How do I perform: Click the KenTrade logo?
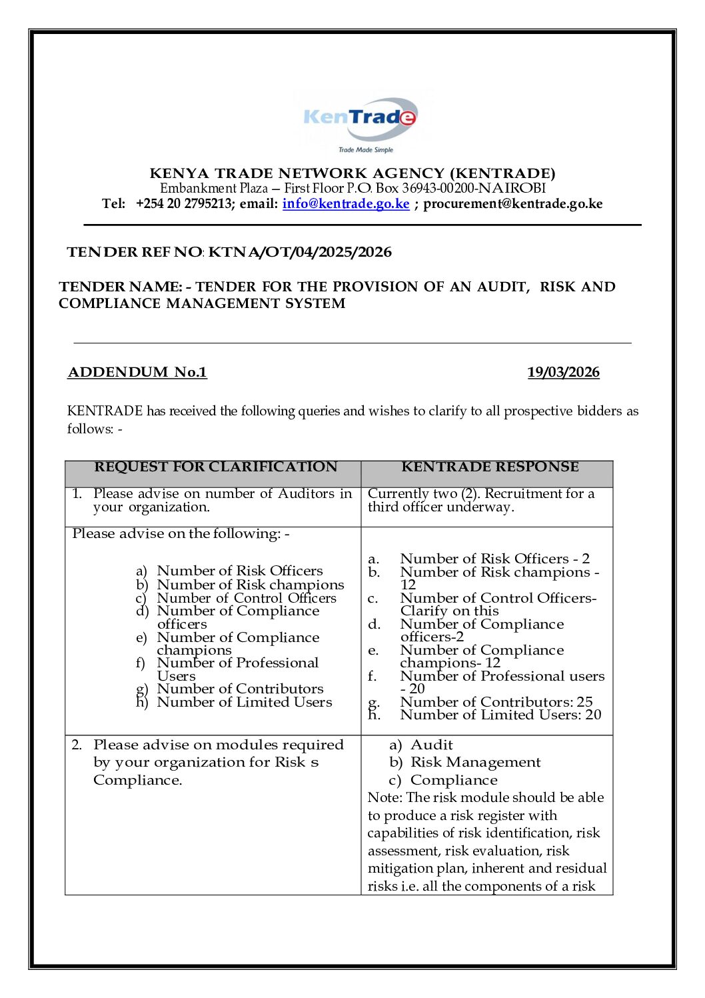tap(360, 121)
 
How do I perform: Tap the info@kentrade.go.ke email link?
tap(346, 204)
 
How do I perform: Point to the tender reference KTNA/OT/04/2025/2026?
tap(300, 252)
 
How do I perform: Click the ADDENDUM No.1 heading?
tap(137, 372)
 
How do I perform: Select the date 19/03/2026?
tap(563, 372)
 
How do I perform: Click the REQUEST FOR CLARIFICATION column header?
tap(215, 467)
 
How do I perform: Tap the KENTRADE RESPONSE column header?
tap(490, 467)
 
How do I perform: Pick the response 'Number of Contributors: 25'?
tap(496, 702)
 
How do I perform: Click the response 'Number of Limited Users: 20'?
tap(500, 715)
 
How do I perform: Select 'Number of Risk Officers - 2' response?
tap(494, 559)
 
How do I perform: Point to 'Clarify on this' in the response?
tap(449, 611)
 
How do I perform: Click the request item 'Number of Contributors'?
tap(240, 689)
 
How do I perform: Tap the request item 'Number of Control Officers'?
tap(247, 598)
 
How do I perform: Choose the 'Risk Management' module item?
tap(475, 762)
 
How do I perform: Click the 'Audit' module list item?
tap(431, 745)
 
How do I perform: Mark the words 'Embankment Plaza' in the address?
tap(213, 189)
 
